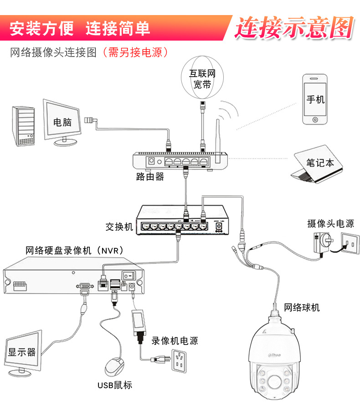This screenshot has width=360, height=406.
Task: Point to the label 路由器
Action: click(150, 177)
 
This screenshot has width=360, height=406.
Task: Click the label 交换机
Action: click(119, 226)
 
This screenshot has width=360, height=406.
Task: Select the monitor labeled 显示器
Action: click(22, 352)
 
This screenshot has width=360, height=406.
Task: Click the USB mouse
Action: click(114, 366)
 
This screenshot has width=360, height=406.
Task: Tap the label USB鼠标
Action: click(114, 385)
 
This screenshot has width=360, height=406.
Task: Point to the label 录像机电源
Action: click(175, 340)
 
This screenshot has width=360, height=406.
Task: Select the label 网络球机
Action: click(302, 307)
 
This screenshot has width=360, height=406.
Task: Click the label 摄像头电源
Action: click(330, 223)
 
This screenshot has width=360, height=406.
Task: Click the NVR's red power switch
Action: click(130, 275)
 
